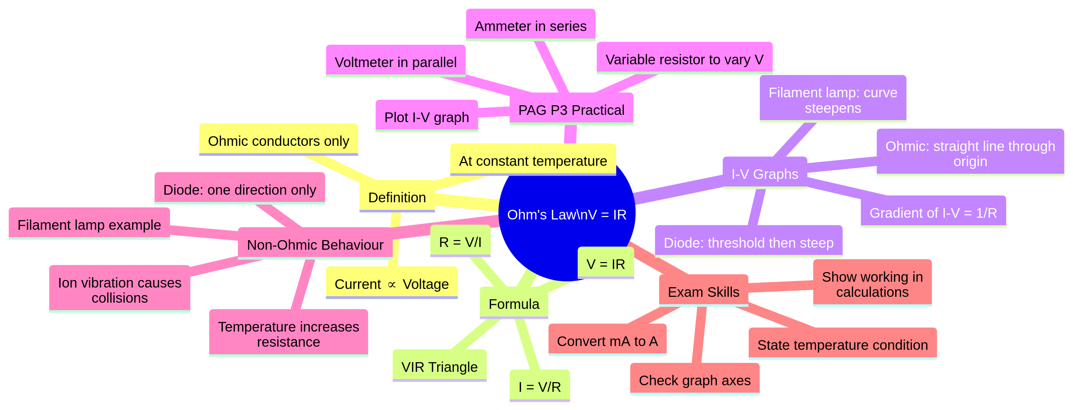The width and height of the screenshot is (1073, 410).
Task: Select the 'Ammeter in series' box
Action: coord(530,26)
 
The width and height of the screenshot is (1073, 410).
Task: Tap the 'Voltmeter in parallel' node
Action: coord(395,62)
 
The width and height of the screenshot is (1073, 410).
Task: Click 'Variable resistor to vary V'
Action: coord(684,59)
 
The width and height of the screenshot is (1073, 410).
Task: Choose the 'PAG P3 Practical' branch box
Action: coord(571,110)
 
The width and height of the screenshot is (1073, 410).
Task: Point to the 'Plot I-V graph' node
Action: coord(426,117)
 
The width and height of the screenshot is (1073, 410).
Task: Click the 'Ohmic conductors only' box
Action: coord(278,140)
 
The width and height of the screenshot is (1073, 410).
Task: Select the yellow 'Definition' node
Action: coord(397,197)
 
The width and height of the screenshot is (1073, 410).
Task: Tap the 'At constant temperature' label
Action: coord(533,160)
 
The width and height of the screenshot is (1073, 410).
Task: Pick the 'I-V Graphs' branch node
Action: coord(765,173)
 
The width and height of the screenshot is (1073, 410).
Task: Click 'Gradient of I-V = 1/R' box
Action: coord(933,213)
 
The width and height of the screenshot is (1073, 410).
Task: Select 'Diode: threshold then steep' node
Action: coord(748,242)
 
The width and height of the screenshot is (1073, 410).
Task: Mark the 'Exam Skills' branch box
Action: coord(703,292)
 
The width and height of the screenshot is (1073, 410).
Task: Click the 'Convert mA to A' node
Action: coord(607,341)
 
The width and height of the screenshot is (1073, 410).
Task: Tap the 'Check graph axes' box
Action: coord(694,380)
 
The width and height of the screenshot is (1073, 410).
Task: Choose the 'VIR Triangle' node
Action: coord(439,367)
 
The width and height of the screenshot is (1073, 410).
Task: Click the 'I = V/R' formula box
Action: coord(539,386)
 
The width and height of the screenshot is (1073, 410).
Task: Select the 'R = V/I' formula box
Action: coord(460,242)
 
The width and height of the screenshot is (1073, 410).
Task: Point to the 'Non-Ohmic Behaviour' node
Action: coord(315,245)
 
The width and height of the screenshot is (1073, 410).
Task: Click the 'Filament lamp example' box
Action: coord(89,225)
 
